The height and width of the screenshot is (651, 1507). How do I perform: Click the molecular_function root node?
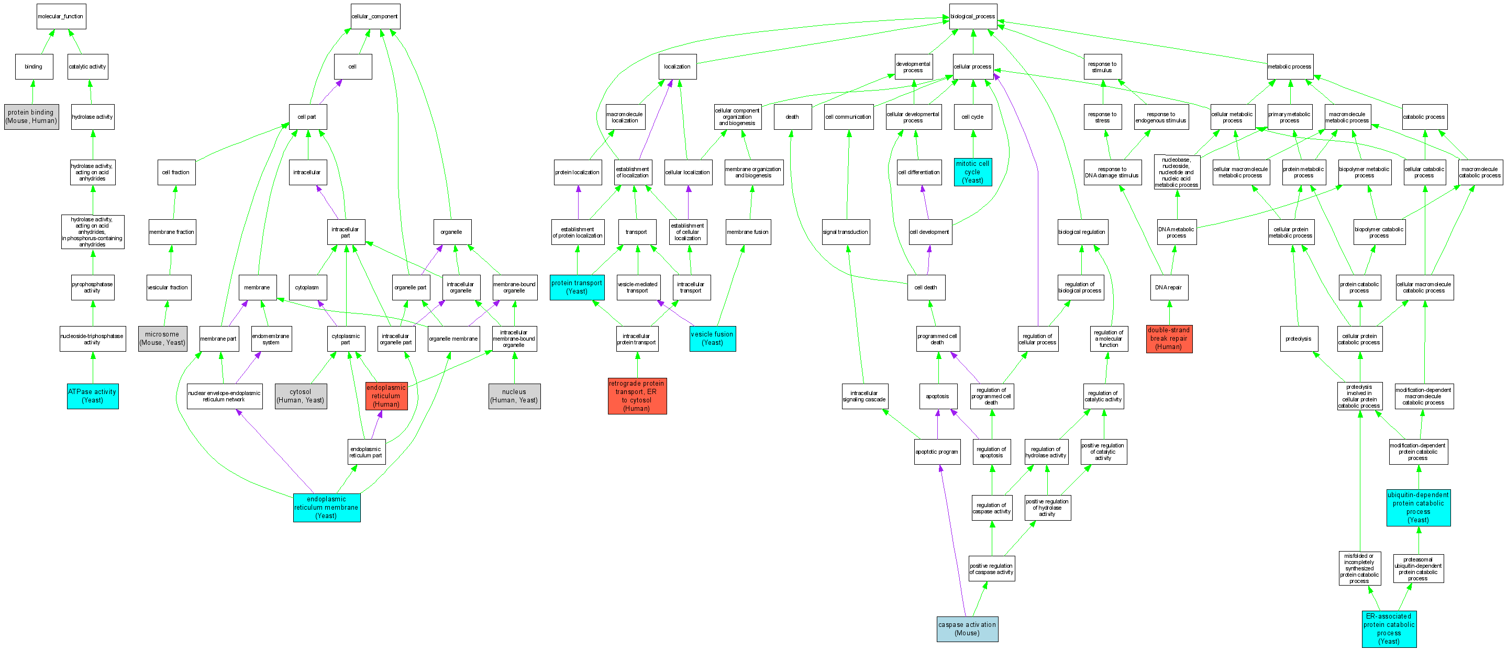click(x=61, y=16)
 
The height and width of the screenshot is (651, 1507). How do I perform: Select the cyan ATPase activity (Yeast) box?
click(x=93, y=396)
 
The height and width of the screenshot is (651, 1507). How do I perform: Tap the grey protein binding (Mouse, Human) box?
click(x=31, y=116)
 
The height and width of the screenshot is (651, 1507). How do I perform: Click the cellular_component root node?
click(x=375, y=16)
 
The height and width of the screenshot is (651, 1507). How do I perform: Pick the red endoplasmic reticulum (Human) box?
click(x=386, y=396)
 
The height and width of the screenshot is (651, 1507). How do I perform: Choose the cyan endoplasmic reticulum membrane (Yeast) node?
click(x=326, y=508)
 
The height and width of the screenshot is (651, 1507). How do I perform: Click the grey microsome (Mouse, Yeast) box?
click(x=163, y=339)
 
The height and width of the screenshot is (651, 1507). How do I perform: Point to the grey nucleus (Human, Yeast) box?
click(x=514, y=396)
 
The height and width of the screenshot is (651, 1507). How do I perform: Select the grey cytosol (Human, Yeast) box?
click(x=301, y=396)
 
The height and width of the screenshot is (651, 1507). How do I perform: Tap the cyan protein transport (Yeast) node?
click(x=577, y=287)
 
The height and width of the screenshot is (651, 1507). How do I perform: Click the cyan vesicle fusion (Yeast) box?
click(x=713, y=339)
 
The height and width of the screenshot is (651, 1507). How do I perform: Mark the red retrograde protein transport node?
click(x=637, y=396)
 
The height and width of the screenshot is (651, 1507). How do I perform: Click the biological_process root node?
click(x=973, y=16)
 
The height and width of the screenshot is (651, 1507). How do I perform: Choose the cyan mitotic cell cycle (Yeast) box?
click(x=973, y=172)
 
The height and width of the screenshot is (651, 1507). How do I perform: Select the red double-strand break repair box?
click(x=1169, y=339)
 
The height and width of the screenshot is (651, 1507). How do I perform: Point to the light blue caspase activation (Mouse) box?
click(x=967, y=629)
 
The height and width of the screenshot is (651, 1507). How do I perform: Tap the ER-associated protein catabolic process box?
click(x=1389, y=629)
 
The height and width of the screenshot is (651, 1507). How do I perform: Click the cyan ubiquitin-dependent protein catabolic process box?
click(x=1418, y=508)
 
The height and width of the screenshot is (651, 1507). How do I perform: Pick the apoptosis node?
click(x=938, y=396)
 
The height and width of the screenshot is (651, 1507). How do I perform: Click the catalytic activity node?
click(x=88, y=66)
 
